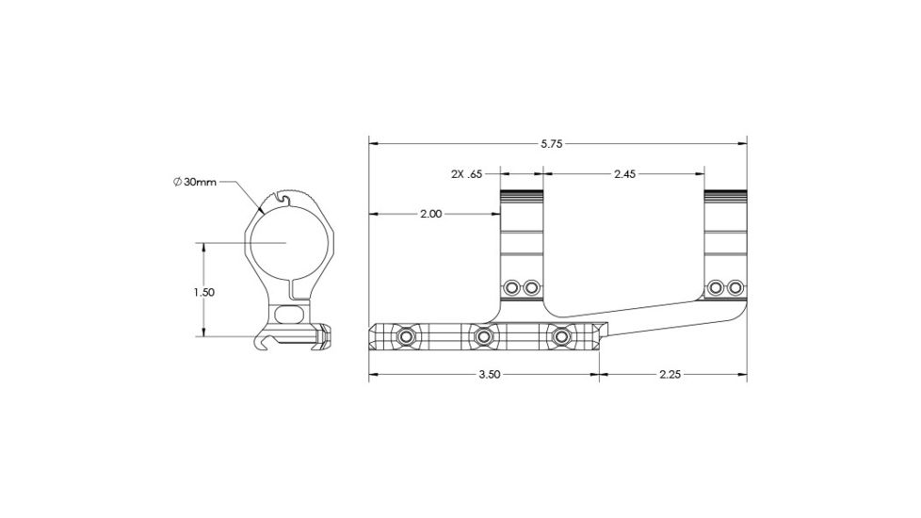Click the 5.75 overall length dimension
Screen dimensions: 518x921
(552, 144)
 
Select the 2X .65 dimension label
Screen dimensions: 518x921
(466, 174)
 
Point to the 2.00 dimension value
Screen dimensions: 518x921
(430, 214)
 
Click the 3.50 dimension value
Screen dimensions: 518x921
(489, 374)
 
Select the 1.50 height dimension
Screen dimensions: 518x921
(203, 292)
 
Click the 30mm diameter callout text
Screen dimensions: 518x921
(201, 181)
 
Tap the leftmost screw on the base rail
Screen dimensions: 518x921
(406, 336)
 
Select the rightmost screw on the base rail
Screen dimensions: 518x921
(563, 336)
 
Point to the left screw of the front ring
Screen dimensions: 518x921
(512, 286)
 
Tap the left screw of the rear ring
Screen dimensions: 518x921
(717, 286)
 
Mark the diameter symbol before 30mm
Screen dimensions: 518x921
(177, 181)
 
